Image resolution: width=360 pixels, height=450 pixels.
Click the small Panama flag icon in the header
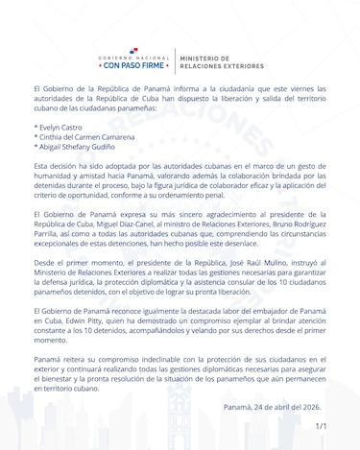(x=133, y=50)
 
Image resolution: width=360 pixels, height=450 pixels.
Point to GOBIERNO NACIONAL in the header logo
(x=133, y=59)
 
